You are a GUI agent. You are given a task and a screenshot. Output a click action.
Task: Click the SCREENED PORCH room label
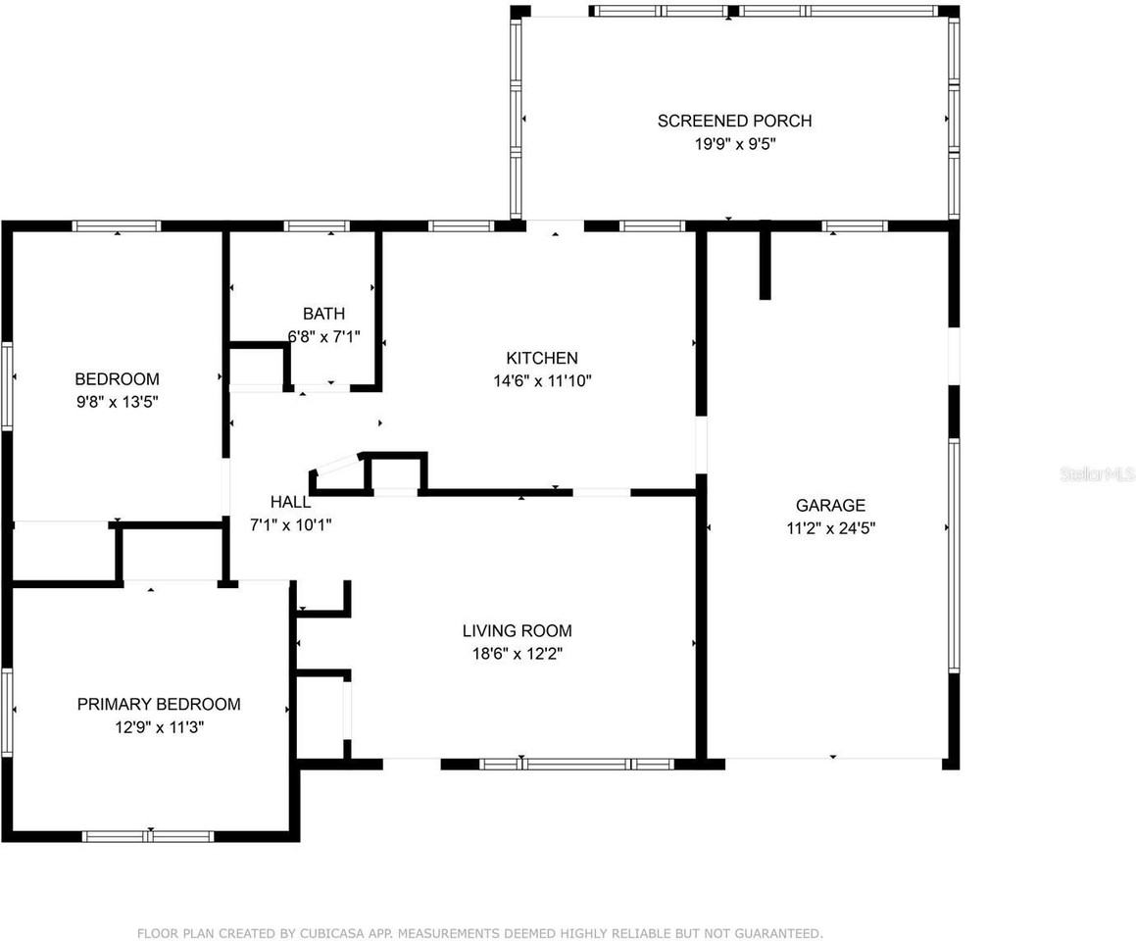point(734,121)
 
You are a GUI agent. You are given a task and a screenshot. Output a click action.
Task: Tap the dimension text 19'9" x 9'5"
point(734,143)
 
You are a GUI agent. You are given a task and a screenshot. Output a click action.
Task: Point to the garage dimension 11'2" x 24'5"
point(830,527)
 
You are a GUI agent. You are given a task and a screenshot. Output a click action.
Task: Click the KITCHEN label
point(541,358)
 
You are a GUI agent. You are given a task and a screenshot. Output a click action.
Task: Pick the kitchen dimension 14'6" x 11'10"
point(541,380)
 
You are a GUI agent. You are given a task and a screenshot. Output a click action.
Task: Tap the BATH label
point(323,314)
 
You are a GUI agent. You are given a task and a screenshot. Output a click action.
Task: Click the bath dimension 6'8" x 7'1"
point(323,336)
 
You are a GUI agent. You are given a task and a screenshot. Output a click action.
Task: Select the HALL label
point(290,502)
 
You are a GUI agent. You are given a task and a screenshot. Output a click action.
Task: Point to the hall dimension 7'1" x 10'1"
point(290,524)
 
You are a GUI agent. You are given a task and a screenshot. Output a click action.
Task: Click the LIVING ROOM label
point(517,630)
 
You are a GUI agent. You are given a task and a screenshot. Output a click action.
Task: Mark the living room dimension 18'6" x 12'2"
point(517,653)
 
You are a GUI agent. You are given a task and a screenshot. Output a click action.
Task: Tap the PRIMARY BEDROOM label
point(159,704)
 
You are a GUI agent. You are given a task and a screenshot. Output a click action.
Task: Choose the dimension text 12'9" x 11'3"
point(159,726)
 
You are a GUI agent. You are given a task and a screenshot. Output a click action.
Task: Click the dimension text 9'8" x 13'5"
point(117,401)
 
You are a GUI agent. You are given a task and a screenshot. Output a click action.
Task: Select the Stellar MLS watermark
point(1096,474)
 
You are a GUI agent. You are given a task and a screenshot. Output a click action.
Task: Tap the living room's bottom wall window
point(575,764)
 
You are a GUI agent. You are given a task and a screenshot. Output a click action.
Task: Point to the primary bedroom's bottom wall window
point(148,836)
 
